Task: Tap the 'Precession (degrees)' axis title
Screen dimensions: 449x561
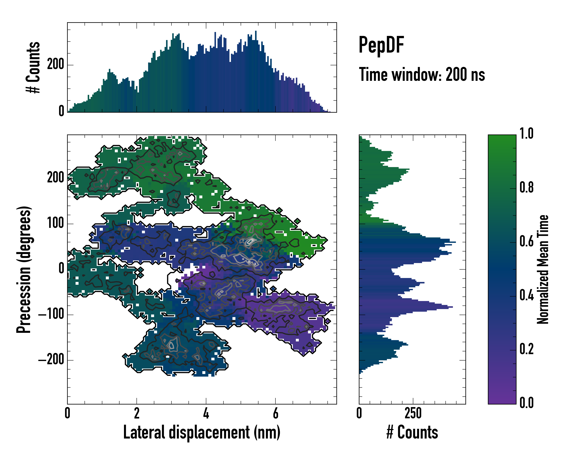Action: (x=24, y=269)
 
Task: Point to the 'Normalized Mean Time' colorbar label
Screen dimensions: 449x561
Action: (x=543, y=269)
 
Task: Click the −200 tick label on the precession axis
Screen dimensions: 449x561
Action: (x=51, y=360)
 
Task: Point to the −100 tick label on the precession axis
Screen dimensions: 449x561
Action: (x=51, y=314)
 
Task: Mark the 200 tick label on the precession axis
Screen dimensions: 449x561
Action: (x=55, y=178)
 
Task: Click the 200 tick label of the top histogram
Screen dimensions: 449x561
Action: (x=55, y=64)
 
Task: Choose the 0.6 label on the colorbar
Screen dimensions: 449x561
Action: (x=526, y=241)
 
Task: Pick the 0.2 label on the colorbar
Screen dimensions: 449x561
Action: (x=526, y=349)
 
